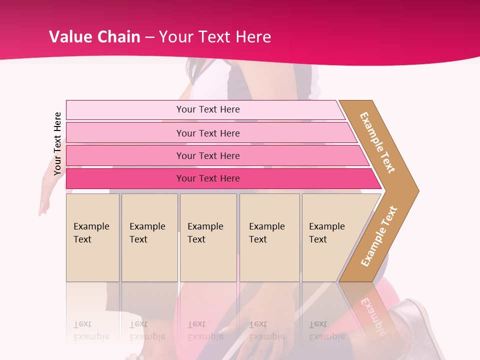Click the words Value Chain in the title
coord(94,37)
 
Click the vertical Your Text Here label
coord(57,143)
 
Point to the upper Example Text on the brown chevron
coord(377,142)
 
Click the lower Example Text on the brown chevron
coord(379,236)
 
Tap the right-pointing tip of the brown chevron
coord(415,190)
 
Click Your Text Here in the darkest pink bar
coord(208,178)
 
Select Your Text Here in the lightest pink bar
coord(208,109)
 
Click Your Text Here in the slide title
coord(215,37)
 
